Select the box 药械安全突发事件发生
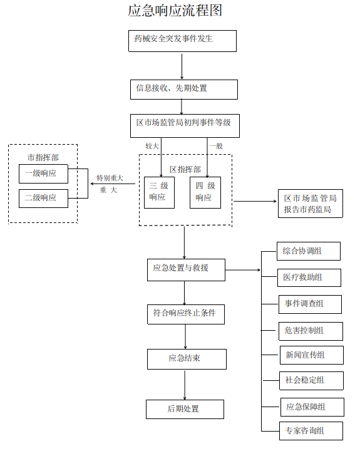pyautogui.click(x=182, y=41)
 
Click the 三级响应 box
pyautogui.click(x=159, y=192)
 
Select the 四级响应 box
pyautogui.click(x=205, y=192)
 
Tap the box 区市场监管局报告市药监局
pyautogui.click(x=311, y=204)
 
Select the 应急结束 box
pyautogui.click(x=186, y=359)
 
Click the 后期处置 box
pyautogui.click(x=185, y=409)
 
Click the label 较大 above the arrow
pyautogui.click(x=152, y=145)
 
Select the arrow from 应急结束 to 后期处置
pyautogui.click(x=185, y=384)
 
